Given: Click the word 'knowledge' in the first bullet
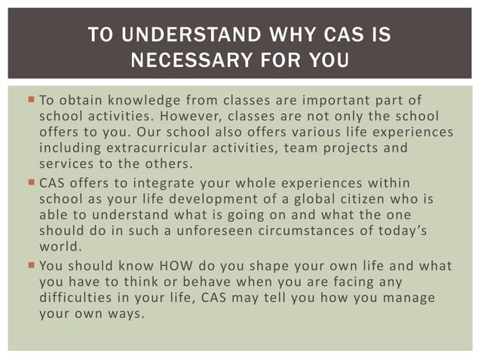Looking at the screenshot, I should (142, 101).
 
